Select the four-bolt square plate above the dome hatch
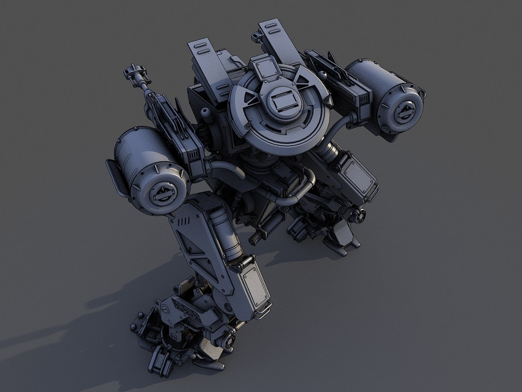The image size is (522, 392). (264, 69)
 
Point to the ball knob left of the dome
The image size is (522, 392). (205, 111)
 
